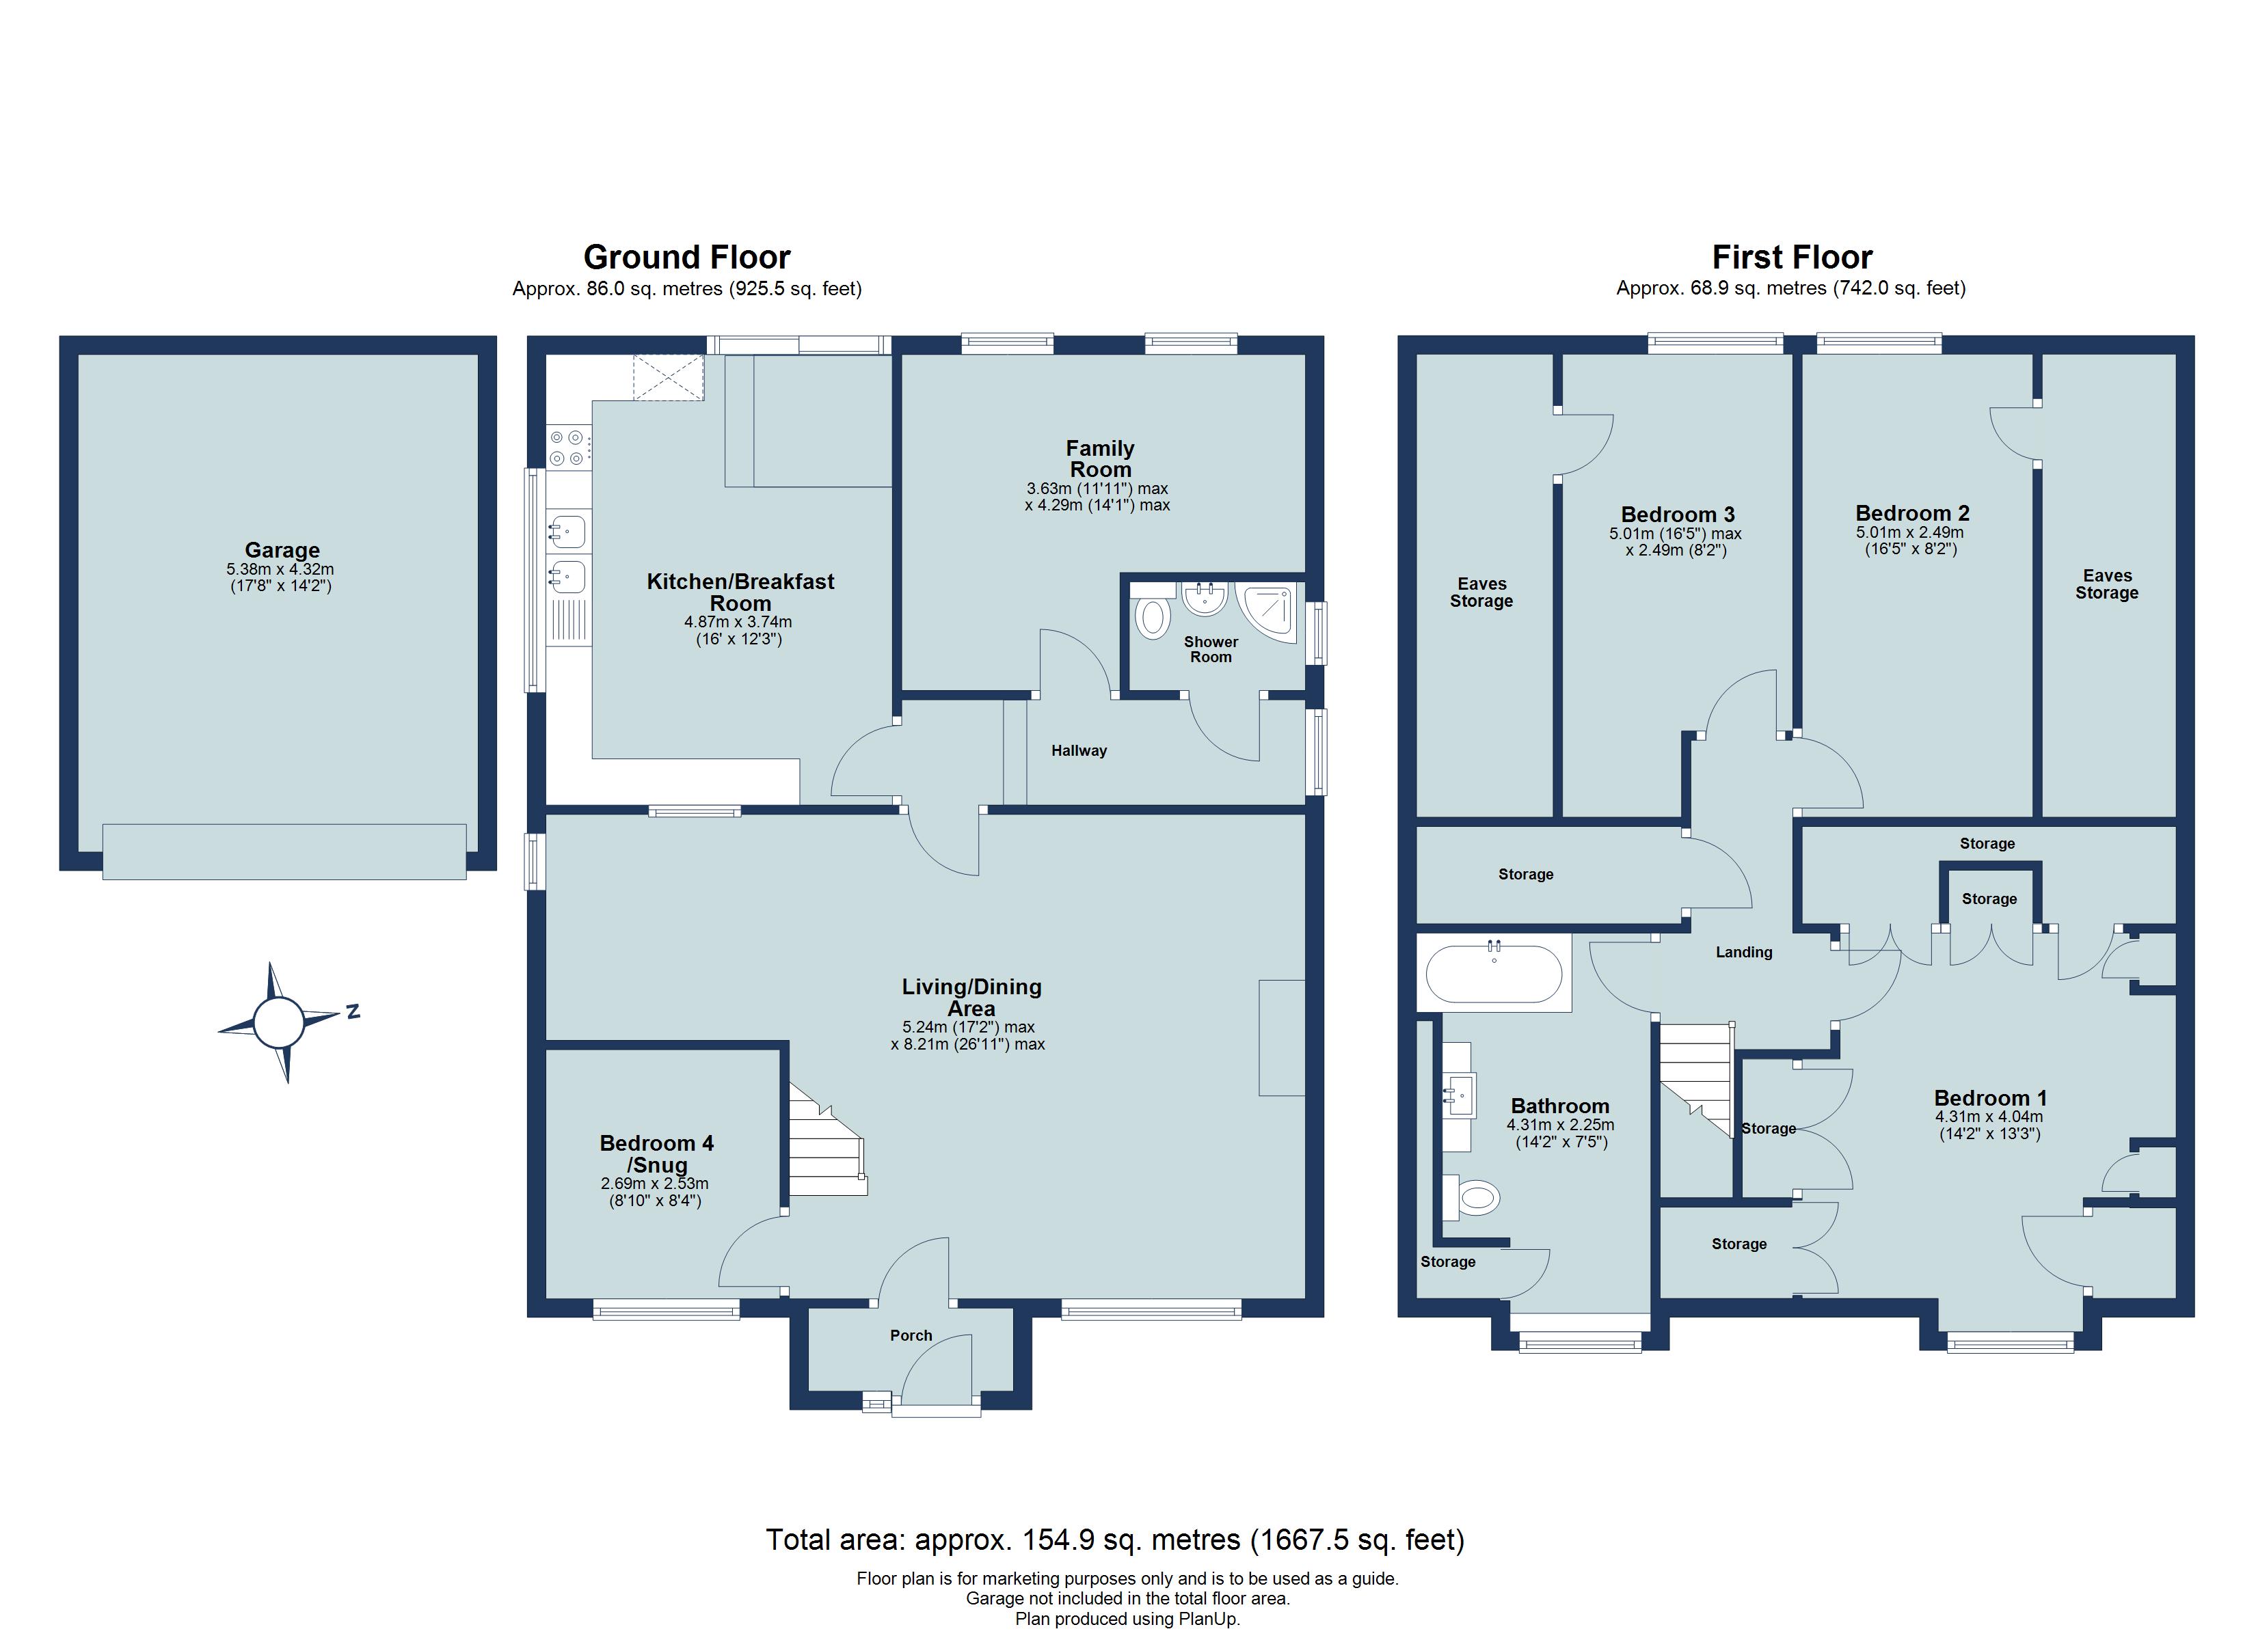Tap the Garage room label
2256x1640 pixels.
click(x=282, y=550)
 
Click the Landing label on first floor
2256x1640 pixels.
click(x=1743, y=952)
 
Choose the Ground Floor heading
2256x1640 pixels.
click(x=686, y=258)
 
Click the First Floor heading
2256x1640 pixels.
click(x=1792, y=258)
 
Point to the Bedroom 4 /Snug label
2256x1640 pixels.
click(x=656, y=1153)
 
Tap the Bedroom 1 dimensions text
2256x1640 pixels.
click(x=1989, y=1125)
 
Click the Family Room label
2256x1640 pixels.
click(x=1099, y=459)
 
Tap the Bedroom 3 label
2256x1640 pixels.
click(x=1677, y=514)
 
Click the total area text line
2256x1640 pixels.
click(x=1114, y=1540)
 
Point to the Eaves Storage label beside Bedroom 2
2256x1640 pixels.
click(x=2106, y=584)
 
